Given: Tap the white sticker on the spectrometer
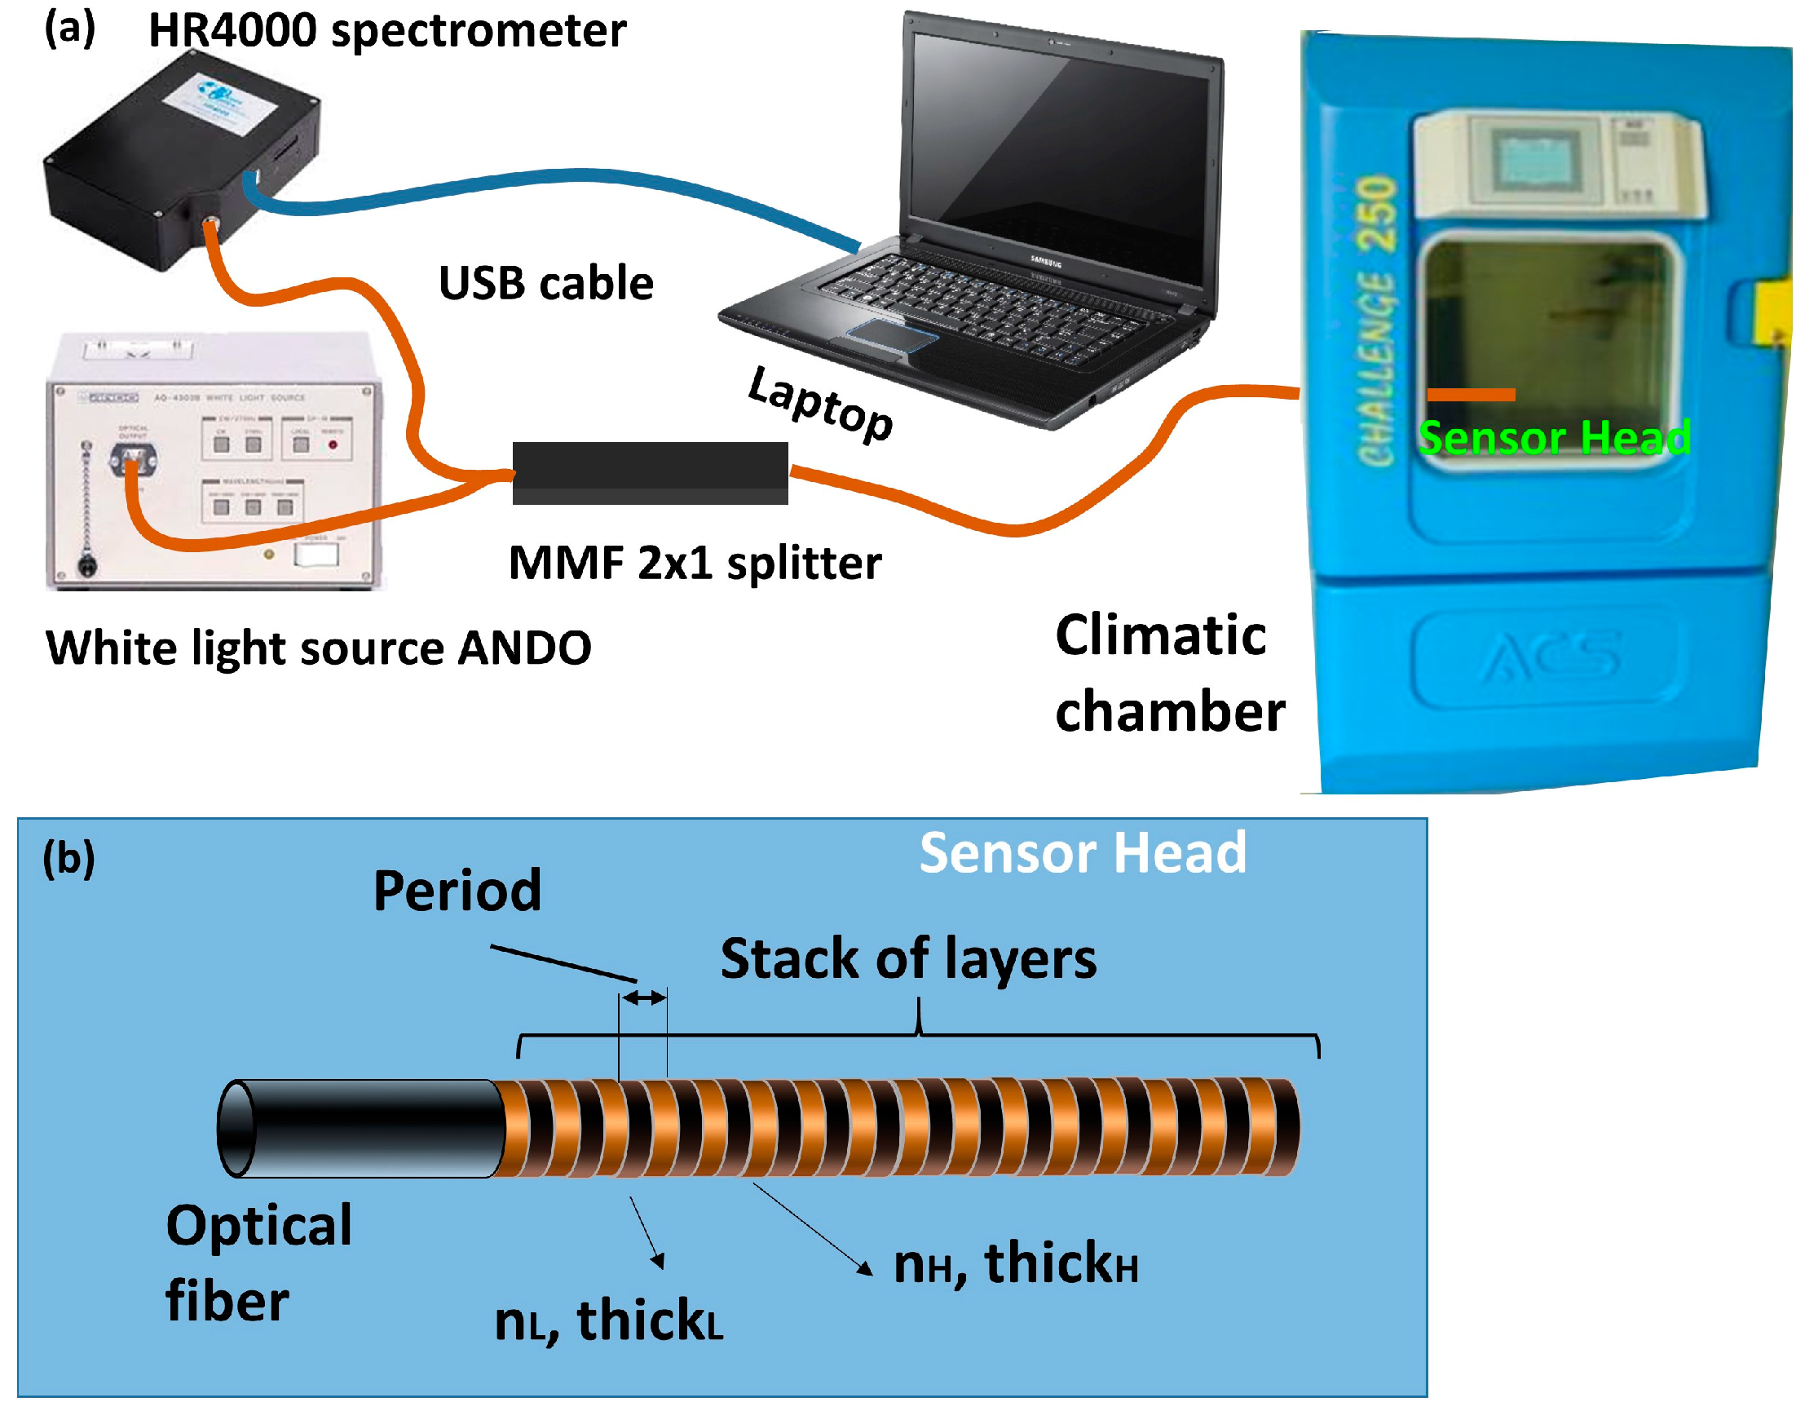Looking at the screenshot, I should tap(219, 102).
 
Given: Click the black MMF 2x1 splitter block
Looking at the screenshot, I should tap(650, 472).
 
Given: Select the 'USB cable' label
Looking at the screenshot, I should tap(545, 284).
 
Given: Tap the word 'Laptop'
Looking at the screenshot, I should tap(820, 404).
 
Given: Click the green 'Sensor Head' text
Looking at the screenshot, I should tap(1554, 437).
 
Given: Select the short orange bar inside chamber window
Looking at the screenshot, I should tap(1470, 395).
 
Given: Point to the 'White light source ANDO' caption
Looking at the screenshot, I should tap(318, 648).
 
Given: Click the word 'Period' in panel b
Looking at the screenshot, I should tap(457, 891).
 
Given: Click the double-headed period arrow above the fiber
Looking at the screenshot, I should tap(644, 997).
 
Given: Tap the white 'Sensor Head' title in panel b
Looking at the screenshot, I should tap(1083, 853).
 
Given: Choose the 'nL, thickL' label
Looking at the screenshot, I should tap(607, 1320).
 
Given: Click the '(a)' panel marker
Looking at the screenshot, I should tap(69, 29).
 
